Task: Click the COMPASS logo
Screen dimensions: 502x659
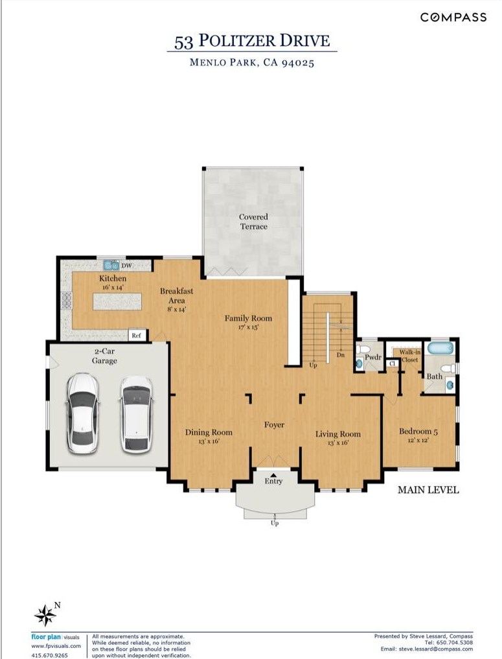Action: coord(453,17)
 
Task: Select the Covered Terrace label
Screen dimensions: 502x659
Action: coord(253,222)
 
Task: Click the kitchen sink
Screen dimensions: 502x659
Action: coord(111,265)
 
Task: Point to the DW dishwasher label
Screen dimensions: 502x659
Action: coord(126,266)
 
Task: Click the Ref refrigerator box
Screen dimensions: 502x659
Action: coord(137,335)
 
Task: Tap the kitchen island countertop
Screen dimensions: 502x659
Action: coord(117,301)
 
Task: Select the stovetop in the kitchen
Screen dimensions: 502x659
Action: coord(67,301)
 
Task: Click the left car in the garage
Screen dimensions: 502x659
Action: coord(83,413)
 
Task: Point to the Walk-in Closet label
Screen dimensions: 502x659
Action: coord(409,356)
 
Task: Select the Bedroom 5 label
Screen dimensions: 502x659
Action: coord(418,431)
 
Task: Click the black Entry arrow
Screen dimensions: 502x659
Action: coord(273,474)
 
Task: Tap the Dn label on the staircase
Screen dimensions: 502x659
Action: coord(340,354)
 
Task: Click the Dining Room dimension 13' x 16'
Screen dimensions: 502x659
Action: coord(209,441)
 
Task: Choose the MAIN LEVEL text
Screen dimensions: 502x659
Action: coord(428,490)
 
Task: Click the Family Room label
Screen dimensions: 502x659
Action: coord(248,318)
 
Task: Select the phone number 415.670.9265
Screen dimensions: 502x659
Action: coord(50,655)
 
